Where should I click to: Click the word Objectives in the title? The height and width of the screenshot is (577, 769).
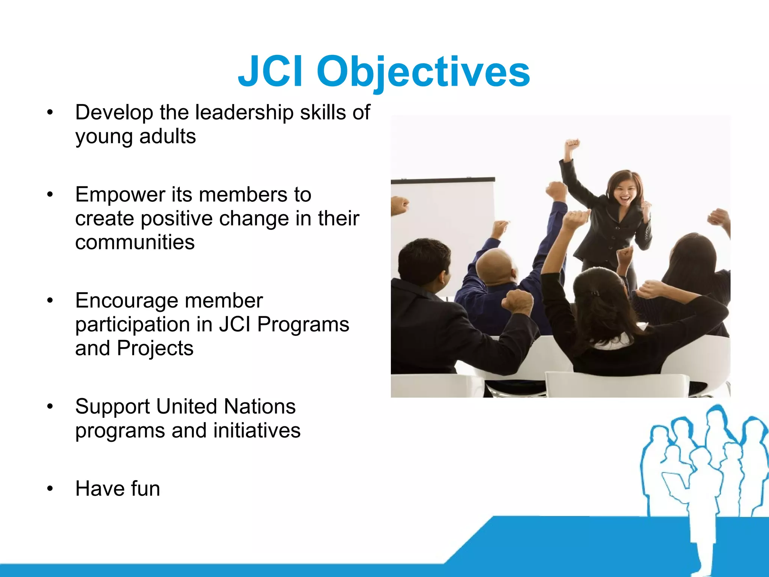[x=423, y=71]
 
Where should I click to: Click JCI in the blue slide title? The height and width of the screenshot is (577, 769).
[x=270, y=71]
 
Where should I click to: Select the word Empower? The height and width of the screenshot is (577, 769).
[x=120, y=195]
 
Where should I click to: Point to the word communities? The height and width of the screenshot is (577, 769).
[x=135, y=242]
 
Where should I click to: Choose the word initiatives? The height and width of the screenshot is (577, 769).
[x=257, y=430]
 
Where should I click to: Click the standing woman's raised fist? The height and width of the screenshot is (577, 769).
[x=573, y=144]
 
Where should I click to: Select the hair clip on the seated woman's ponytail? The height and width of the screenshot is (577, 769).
[x=594, y=293]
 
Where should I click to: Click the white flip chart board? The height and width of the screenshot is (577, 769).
[x=443, y=225]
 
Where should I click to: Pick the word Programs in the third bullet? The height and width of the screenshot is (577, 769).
[x=303, y=324]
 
